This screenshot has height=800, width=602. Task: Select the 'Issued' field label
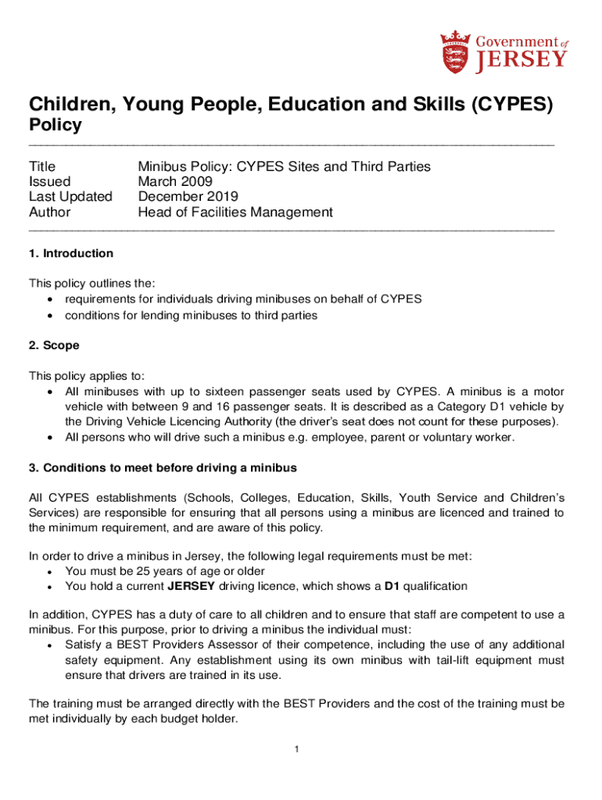point(50,181)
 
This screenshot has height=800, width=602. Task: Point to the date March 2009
point(176,181)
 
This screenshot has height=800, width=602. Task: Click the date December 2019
point(188,197)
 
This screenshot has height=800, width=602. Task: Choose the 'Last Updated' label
point(70,197)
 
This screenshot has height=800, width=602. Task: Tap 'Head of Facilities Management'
point(235,212)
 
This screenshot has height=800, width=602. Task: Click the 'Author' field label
point(49,212)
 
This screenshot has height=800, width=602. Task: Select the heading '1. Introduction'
point(71,253)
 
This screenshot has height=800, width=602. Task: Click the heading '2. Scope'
point(54,345)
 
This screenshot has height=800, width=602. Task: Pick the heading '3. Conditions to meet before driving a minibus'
point(163,468)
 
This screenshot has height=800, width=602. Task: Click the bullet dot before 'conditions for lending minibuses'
point(51,316)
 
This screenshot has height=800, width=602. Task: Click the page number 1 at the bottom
point(298,751)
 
